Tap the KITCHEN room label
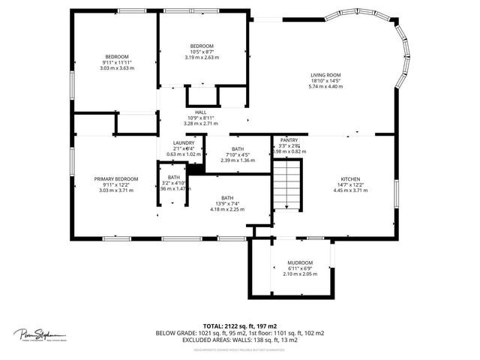tap(351, 179)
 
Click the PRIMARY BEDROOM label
tap(115, 179)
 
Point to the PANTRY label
tap(289, 140)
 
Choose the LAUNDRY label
tap(184, 143)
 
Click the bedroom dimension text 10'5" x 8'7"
tap(201, 51)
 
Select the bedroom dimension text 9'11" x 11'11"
tap(116, 62)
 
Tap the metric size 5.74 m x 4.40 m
tap(325, 86)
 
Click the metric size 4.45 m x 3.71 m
tap(351, 190)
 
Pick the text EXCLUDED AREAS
tap(207, 339)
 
